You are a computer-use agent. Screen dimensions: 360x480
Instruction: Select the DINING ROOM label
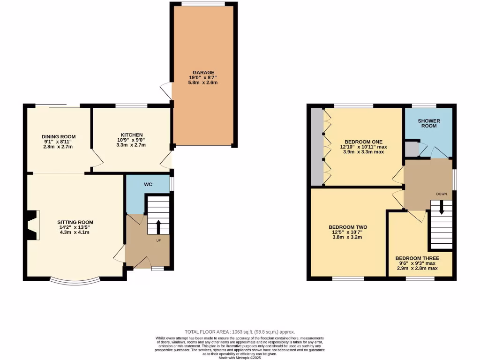point(58,136)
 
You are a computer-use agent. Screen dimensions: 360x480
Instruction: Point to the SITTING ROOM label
point(75,222)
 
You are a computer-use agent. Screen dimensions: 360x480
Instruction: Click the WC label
point(149,184)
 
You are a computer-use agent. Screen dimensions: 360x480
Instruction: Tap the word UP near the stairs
point(158,240)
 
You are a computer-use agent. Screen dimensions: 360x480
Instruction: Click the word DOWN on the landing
point(441,194)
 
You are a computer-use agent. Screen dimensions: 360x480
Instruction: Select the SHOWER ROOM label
point(429,124)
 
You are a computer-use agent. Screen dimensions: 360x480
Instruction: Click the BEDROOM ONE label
point(363,142)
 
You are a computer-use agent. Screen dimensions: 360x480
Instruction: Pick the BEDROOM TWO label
point(348,227)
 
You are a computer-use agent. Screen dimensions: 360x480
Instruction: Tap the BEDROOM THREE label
point(417,258)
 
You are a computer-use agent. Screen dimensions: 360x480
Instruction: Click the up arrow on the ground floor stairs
point(158,226)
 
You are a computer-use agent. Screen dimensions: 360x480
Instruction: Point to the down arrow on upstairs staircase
point(441,209)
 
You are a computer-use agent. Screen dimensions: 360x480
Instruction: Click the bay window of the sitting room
point(75,281)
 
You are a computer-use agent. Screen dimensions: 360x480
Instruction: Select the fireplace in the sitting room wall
point(32,225)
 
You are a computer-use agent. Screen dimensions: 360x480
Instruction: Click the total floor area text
point(240,332)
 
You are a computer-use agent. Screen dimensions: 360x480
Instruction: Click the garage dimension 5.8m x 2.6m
point(203,82)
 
